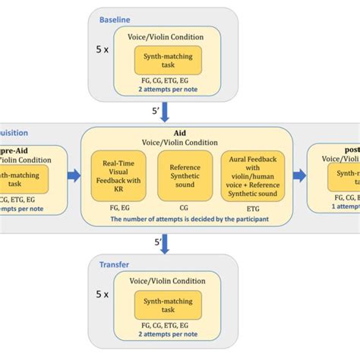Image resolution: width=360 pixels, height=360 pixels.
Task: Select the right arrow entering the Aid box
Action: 73,176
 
